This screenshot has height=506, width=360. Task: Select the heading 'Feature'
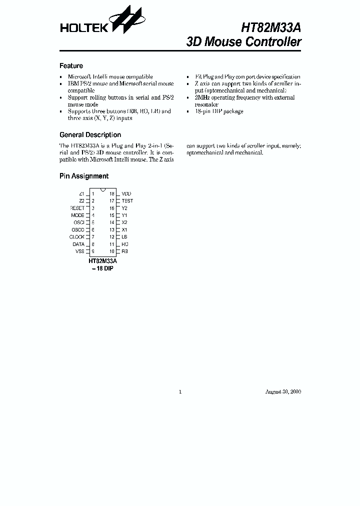pyautogui.click(x=71, y=66)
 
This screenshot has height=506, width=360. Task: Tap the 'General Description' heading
pyautogui.click(x=90, y=135)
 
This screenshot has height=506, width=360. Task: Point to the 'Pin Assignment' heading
pyautogui.click(x=84, y=176)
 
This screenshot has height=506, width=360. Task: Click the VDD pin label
pyautogui.click(x=126, y=193)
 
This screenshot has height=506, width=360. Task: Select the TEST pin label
pyautogui.click(x=127, y=200)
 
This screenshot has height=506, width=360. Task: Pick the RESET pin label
pyautogui.click(x=77, y=208)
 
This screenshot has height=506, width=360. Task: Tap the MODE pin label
pyautogui.click(x=78, y=215)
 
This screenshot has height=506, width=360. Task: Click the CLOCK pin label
pyautogui.click(x=77, y=236)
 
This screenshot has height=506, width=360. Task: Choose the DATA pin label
pyautogui.click(x=78, y=244)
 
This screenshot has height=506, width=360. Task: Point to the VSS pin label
pyautogui.click(x=80, y=251)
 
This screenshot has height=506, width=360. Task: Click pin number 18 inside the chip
pyautogui.click(x=112, y=193)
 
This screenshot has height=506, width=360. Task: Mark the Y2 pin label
pyautogui.click(x=124, y=208)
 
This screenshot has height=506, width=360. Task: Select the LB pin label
pyautogui.click(x=124, y=236)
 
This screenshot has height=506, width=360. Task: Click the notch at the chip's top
pyautogui.click(x=102, y=190)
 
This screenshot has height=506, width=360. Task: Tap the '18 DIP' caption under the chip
pyautogui.click(x=103, y=268)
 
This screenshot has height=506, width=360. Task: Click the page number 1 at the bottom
pyautogui.click(x=180, y=391)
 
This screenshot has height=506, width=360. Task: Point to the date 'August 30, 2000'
pyautogui.click(x=283, y=391)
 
